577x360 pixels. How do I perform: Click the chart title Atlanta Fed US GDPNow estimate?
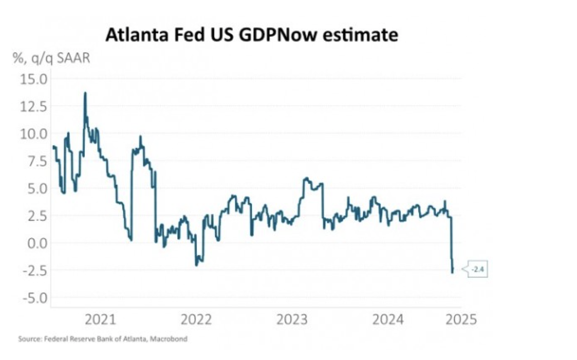tap(251, 35)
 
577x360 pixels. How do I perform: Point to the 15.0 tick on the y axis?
tap(33, 79)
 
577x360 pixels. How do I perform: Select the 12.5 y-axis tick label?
tap(33, 106)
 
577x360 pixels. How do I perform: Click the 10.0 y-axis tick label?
tap(33, 133)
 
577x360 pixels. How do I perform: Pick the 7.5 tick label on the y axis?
tap(35, 161)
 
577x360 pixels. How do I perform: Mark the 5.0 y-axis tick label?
tap(35, 188)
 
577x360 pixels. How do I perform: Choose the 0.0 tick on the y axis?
tap(35, 243)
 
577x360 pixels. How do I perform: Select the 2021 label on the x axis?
tap(100, 320)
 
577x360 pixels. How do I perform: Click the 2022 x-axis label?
tap(197, 320)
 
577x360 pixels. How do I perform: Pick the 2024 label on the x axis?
tap(389, 320)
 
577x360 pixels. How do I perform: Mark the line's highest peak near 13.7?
tap(85, 93)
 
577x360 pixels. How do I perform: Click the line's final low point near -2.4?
tap(452, 272)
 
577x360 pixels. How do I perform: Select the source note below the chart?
tap(103, 339)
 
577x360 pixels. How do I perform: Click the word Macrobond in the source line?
tap(171, 339)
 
